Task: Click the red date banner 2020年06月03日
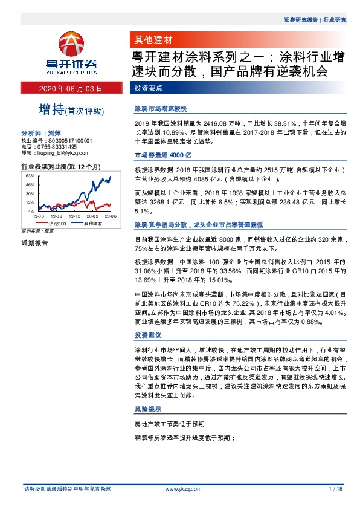click(71, 88)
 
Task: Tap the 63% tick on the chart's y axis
click(30, 175)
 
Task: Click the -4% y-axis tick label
click(30, 211)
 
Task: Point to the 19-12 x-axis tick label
click(75, 215)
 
